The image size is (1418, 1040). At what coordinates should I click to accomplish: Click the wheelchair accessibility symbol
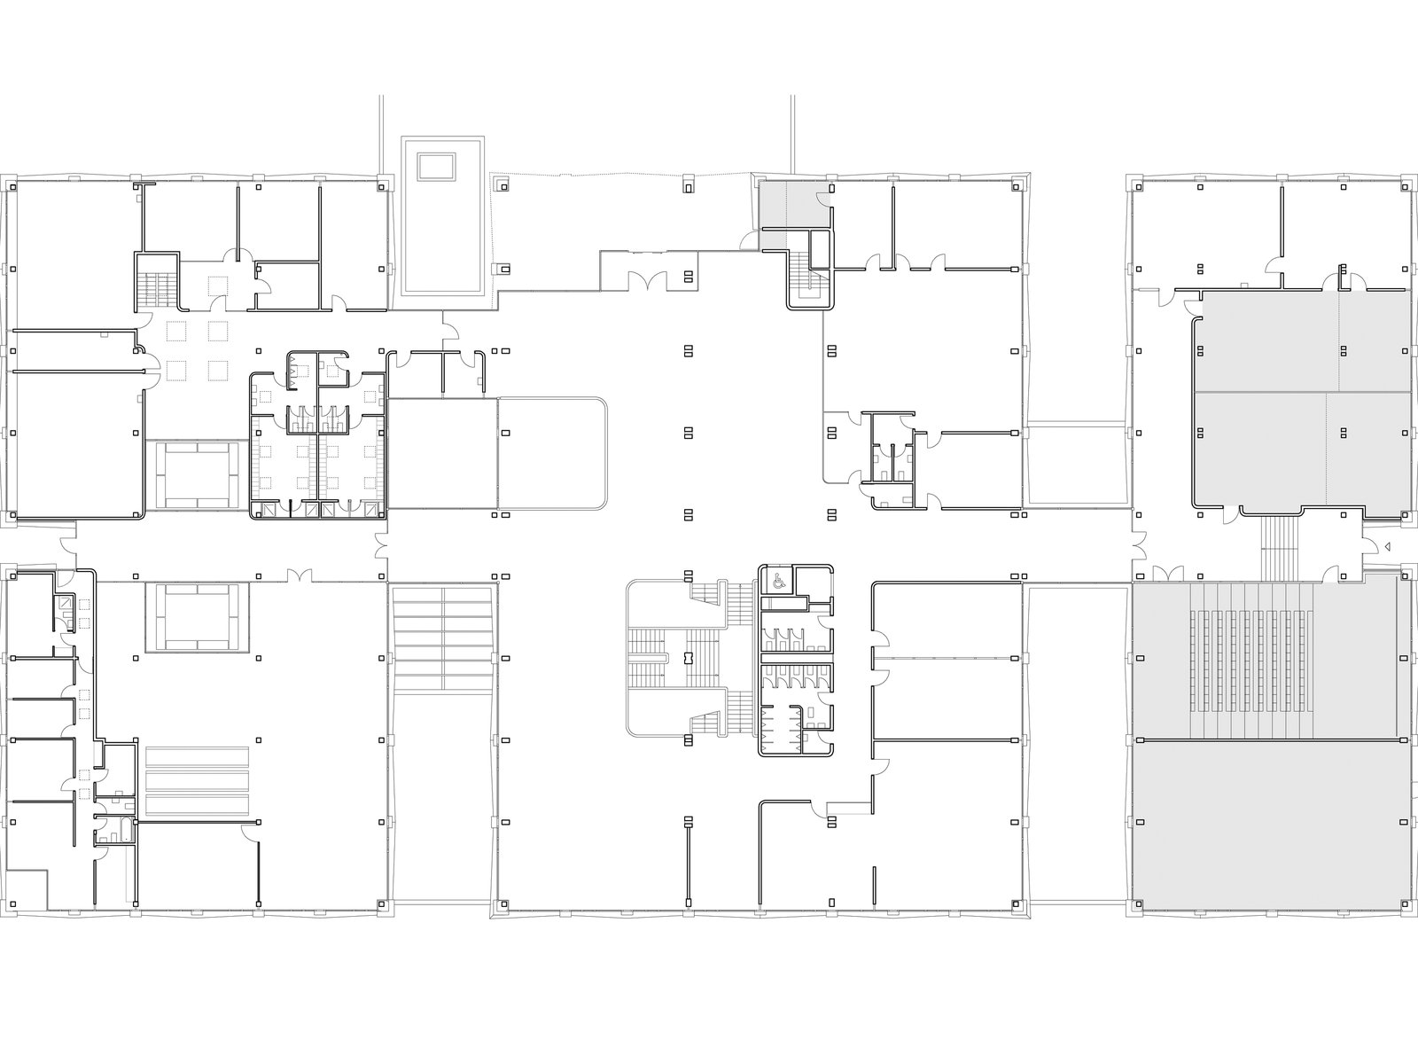pyautogui.click(x=777, y=582)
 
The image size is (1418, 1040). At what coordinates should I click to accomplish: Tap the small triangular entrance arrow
pyautogui.click(x=1389, y=546)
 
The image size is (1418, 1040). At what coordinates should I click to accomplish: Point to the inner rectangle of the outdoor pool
pyautogui.click(x=436, y=167)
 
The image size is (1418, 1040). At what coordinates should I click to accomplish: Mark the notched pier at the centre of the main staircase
pyautogui.click(x=688, y=659)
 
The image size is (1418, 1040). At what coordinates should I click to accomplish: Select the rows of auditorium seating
pyautogui.click(x=1252, y=661)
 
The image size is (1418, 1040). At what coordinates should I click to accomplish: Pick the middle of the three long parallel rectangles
pyautogui.click(x=199, y=779)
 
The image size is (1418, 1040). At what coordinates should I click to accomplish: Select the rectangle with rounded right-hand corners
pyautogui.click(x=551, y=452)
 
